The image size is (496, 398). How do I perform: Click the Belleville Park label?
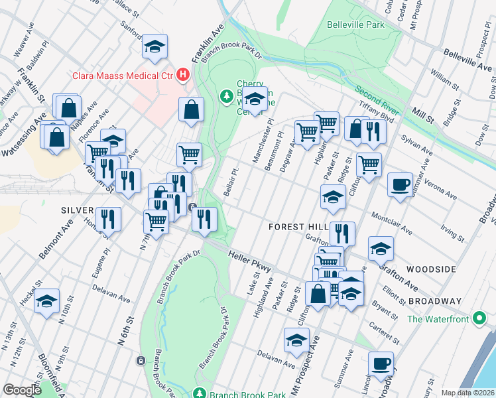355,25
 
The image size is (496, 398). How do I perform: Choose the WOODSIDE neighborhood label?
431,269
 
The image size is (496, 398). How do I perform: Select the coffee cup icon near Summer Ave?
400,184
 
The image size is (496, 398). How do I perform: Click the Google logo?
21,390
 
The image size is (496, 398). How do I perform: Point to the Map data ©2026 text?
467,393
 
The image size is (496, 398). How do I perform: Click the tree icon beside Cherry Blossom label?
226,97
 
